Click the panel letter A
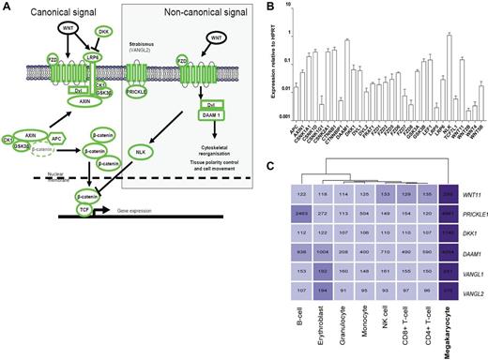pos(6,7)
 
